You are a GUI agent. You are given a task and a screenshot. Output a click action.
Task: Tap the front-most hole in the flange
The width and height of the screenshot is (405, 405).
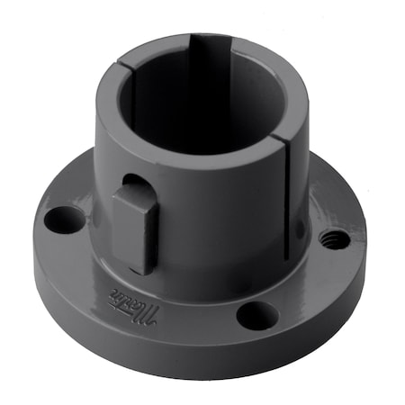[258, 315]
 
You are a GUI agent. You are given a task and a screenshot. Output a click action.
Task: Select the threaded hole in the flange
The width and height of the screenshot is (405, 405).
[334, 239]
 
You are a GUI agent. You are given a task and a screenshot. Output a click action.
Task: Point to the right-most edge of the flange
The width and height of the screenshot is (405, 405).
[364, 261]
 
